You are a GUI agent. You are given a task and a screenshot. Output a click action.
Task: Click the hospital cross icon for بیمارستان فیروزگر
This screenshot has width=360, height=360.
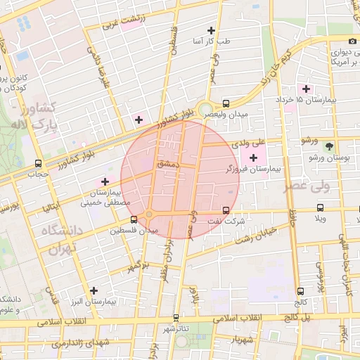tap(253, 157)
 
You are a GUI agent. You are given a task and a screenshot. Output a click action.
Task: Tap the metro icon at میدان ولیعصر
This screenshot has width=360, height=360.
tap(225, 102)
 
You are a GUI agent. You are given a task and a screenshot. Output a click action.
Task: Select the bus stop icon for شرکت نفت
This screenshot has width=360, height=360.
tap(226, 210)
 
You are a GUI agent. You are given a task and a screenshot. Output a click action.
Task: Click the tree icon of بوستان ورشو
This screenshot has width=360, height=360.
tap(329, 146)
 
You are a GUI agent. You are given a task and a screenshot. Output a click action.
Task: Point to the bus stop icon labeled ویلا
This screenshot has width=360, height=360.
tap(321, 208)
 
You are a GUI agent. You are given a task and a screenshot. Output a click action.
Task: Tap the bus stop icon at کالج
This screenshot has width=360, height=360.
tap(301, 291)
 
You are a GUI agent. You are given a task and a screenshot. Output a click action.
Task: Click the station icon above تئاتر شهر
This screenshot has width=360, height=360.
tap(175, 318)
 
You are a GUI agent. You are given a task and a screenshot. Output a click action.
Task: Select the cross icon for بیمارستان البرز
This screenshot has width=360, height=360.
tap(94, 290)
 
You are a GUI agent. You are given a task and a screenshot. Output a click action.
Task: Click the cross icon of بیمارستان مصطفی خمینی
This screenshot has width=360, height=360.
tap(105, 181)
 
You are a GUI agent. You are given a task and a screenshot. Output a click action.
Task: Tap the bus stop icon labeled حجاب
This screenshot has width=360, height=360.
tap(39, 162)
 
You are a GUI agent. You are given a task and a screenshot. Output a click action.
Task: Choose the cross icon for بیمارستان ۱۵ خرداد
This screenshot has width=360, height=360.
tap(306, 89)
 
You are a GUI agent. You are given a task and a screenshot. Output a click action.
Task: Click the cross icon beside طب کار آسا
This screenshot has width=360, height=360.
tap(211, 30)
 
